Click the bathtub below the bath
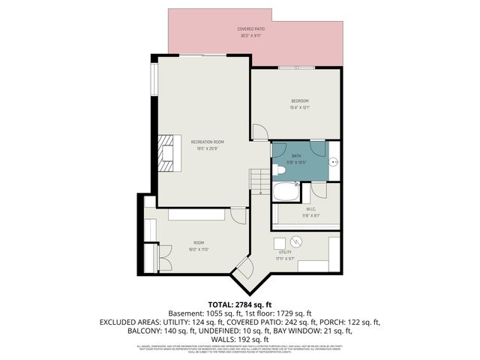click(286, 191)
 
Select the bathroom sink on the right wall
click(334, 160)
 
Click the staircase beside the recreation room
click(259, 180)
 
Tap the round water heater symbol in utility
click(298, 241)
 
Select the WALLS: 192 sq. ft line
click(239, 339)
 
